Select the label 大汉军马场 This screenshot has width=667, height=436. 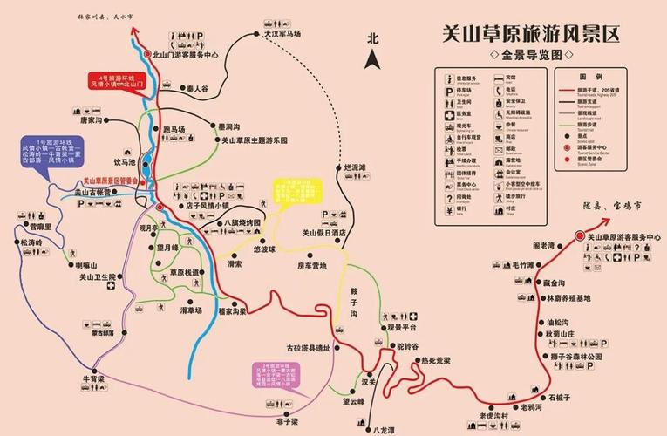click(282, 34)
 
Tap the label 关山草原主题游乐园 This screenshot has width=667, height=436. click(254, 140)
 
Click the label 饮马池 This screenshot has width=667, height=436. click(126, 162)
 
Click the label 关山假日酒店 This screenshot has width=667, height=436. click(324, 233)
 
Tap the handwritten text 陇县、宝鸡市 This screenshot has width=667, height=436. click(609, 208)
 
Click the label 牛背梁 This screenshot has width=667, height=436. click(93, 379)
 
